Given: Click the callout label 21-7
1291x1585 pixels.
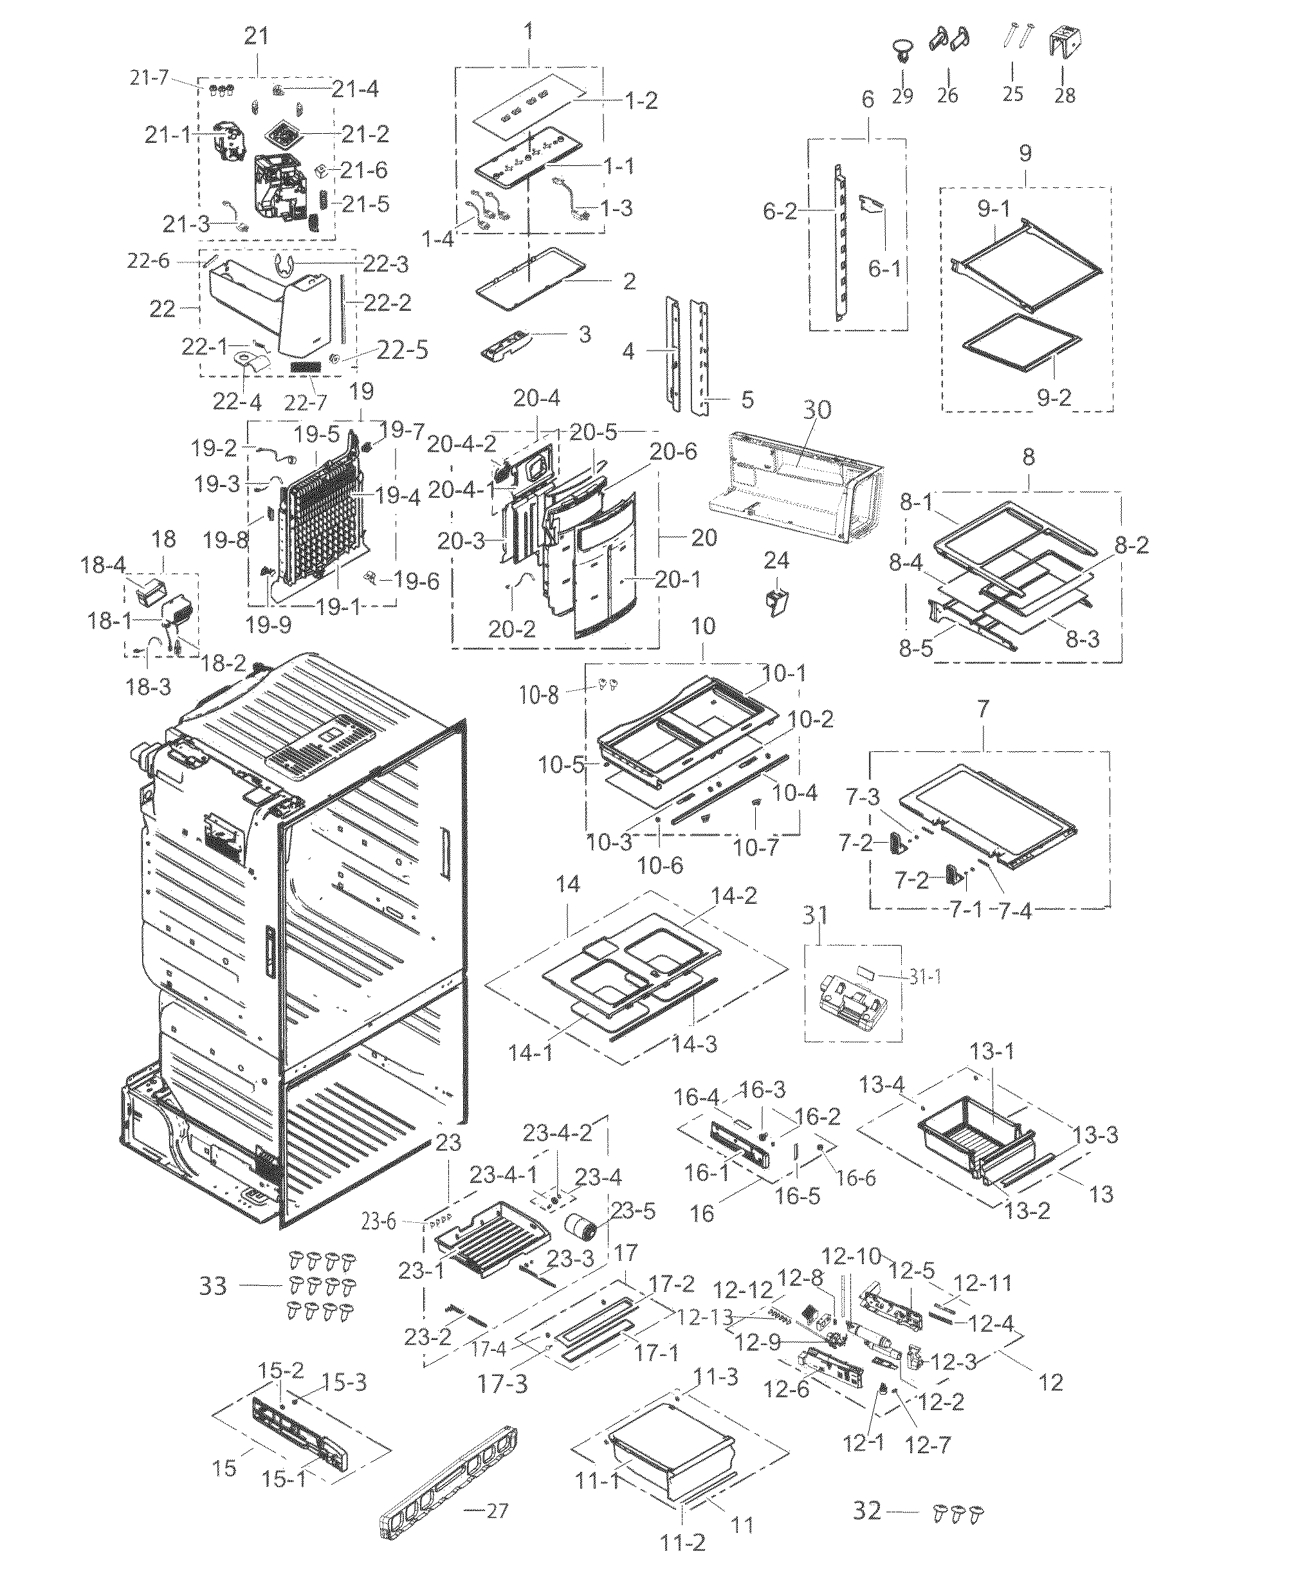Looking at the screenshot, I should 149,77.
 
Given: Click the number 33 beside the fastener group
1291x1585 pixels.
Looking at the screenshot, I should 213,1285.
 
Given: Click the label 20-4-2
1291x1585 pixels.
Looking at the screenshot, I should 461,444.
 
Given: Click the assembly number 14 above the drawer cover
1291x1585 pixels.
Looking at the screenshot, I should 567,884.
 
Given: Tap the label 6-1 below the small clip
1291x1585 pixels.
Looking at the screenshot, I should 884,268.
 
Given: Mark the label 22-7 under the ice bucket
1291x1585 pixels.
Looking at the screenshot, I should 305,403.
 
